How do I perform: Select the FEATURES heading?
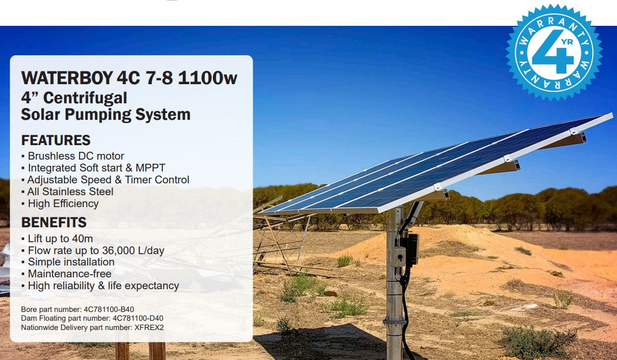(56, 140)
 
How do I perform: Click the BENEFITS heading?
(54, 223)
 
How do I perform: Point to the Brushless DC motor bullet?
(75, 156)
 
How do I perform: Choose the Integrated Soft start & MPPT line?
(96, 168)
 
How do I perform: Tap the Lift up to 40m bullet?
(60, 239)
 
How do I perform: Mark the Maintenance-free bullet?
(69, 274)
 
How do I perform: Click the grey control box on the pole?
(398, 256)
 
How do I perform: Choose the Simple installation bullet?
(71, 262)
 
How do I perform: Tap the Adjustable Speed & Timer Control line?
(108, 180)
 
